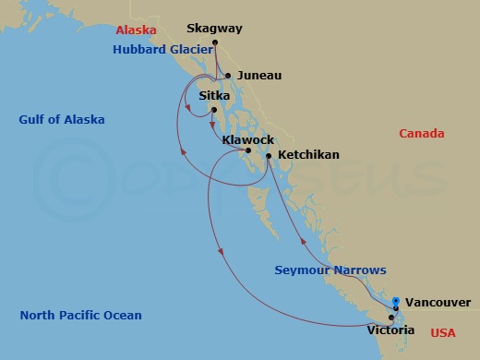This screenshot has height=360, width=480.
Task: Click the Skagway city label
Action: pyautogui.click(x=213, y=29)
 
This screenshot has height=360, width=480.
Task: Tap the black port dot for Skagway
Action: pyautogui.click(x=215, y=43)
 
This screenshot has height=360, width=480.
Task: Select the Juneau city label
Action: pyautogui.click(x=258, y=76)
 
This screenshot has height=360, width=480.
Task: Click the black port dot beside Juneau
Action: pyautogui.click(x=228, y=76)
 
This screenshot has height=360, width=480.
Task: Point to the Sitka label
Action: pyautogui.click(x=215, y=95)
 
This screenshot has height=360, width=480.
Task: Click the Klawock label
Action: pyautogui.click(x=247, y=138)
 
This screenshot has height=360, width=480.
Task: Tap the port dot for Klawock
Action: pyautogui.click(x=247, y=150)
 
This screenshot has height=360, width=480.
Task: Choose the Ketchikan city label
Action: pyautogui.click(x=308, y=155)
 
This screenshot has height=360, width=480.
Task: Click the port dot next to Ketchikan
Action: pyautogui.click(x=269, y=155)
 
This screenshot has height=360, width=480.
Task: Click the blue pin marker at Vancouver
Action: pyautogui.click(x=396, y=301)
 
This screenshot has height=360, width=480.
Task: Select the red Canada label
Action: pyautogui.click(x=422, y=134)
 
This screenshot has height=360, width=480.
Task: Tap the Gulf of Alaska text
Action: pyautogui.click(x=62, y=120)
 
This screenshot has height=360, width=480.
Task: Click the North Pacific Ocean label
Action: pyautogui.click(x=81, y=316)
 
